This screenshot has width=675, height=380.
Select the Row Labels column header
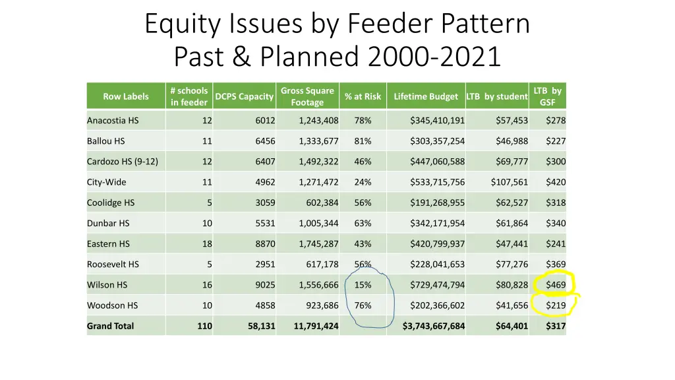[126, 96]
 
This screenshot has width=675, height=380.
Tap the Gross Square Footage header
[307, 96]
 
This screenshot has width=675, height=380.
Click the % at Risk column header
[363, 96]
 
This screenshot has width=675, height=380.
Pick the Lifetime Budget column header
[426, 96]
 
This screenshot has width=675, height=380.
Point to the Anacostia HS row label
[113, 121]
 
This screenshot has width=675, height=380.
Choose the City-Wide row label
[107, 182]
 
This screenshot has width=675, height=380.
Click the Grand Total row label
[110, 326]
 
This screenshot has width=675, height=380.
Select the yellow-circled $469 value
[556, 285]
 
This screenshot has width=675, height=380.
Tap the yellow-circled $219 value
[556, 305]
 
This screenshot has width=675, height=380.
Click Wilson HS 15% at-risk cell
[363, 285]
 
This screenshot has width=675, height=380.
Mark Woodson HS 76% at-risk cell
[363, 305]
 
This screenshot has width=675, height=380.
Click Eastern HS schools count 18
[207, 244]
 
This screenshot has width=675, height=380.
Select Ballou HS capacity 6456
[265, 141]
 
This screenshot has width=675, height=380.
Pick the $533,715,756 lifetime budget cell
[437, 182]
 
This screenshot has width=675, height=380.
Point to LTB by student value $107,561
[510, 182]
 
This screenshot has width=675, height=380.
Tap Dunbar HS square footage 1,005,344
[318, 224]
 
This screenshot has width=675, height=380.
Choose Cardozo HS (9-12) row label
[123, 162]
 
